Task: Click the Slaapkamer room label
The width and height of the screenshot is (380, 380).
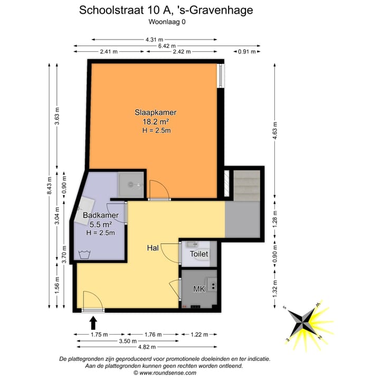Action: [155, 112]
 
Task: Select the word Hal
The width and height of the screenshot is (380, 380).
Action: [153, 248]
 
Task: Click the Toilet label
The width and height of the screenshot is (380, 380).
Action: [199, 254]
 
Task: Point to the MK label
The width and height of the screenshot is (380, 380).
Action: [199, 290]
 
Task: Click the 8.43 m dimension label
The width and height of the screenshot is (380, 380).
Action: [50, 185]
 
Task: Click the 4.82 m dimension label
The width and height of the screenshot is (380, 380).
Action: [146, 347]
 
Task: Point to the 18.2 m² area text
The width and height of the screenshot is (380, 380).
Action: [155, 121]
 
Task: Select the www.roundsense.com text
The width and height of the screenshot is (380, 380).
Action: [164, 373]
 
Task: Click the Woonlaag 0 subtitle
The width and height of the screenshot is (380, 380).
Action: [167, 22]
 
